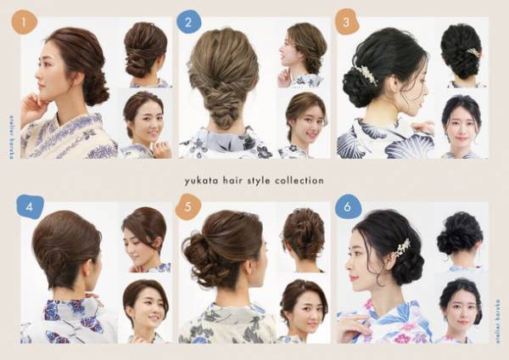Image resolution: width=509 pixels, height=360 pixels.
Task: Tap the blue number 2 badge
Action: point(188,21)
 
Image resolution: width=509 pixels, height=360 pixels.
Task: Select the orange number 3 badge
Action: point(346,21)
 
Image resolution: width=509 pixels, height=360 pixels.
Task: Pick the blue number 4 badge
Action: point(30,206)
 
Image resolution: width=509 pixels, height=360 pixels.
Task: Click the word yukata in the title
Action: point(203,181)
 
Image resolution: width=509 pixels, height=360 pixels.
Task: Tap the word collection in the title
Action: point(299,181)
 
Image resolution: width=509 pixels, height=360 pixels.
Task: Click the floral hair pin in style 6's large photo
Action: point(401,247)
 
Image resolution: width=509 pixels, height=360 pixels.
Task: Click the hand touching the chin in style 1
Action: point(34,109)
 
